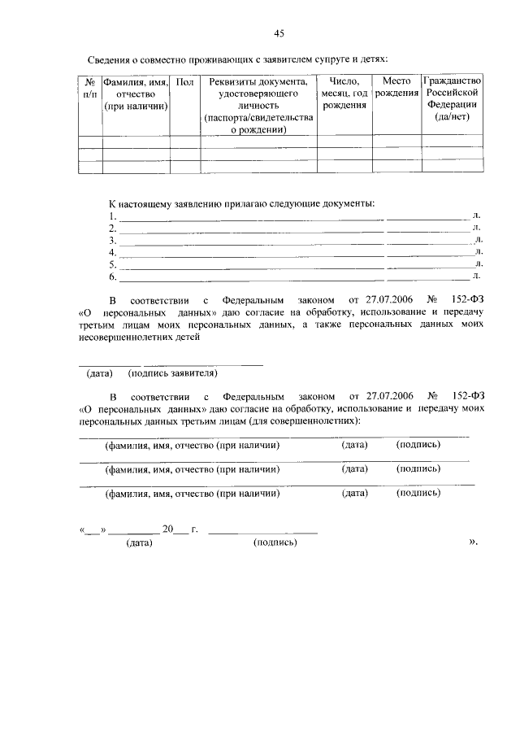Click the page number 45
point(279,33)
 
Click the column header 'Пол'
point(184,82)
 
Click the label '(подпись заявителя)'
point(172,373)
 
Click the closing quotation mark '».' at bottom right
point(474,542)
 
